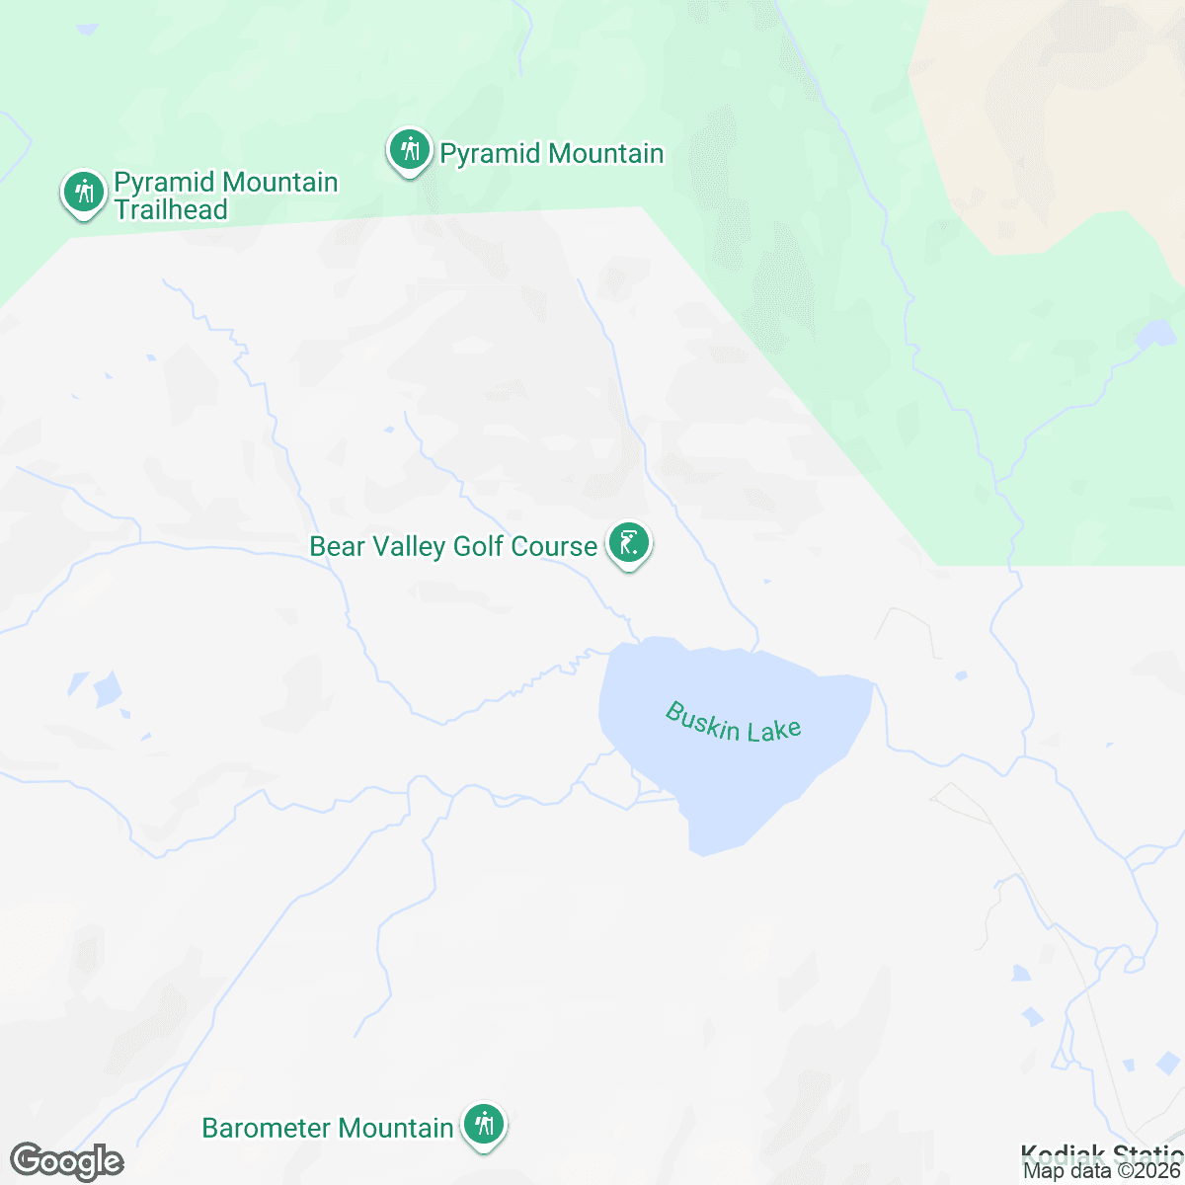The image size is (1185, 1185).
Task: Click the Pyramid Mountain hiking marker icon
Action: point(408,150)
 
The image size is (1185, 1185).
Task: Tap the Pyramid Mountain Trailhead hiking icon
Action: point(84,191)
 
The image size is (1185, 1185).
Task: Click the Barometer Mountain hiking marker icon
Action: point(484,1124)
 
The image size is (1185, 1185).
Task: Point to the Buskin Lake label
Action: point(733,722)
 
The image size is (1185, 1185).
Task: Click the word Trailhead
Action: point(171,209)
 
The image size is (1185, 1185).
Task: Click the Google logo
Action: point(66,1161)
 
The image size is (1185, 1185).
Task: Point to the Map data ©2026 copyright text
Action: point(1101,1171)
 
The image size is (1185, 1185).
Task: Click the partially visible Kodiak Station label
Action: point(1101,1152)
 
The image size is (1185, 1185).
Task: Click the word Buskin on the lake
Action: point(702,719)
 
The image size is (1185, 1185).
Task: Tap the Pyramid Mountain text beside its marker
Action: point(551,154)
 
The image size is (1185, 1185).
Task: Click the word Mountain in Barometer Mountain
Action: point(395,1128)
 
